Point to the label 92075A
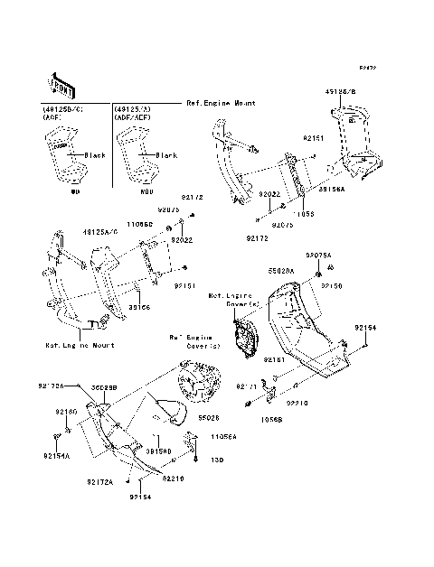pos(320,256)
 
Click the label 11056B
pos(272,419)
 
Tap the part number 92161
pos(275,358)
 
